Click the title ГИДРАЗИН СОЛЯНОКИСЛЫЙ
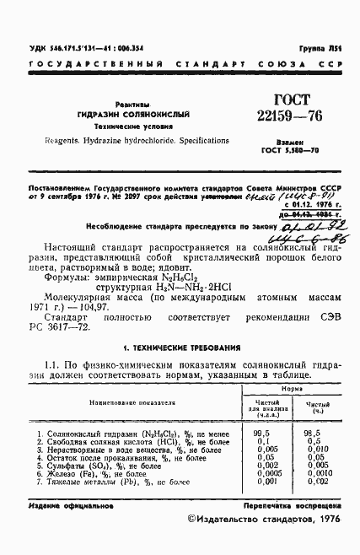tap(134, 112)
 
